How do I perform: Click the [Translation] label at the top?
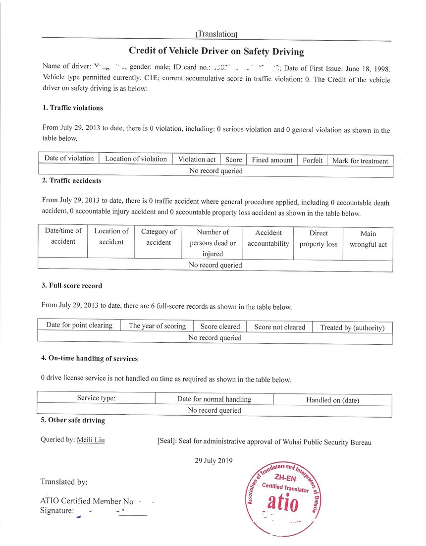(x=216, y=34)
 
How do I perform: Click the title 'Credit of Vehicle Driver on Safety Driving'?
(x=216, y=51)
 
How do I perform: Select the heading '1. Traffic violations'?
(x=72, y=108)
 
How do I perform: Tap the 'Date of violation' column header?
(x=69, y=159)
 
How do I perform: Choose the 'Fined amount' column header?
(x=272, y=160)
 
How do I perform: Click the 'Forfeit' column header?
(x=313, y=160)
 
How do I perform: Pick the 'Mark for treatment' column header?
(x=360, y=161)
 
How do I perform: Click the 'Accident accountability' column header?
(x=268, y=238)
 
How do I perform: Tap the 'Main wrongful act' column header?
(x=368, y=239)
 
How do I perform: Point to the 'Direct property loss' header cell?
(x=318, y=238)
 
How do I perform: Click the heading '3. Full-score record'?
(x=72, y=286)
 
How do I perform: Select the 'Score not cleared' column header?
(x=279, y=327)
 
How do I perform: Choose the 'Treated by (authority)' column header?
(x=352, y=328)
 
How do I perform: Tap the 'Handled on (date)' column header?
(x=332, y=400)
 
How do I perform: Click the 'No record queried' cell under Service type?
(x=214, y=410)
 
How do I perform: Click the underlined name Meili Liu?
(x=91, y=439)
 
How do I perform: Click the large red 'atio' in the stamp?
(x=283, y=504)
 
